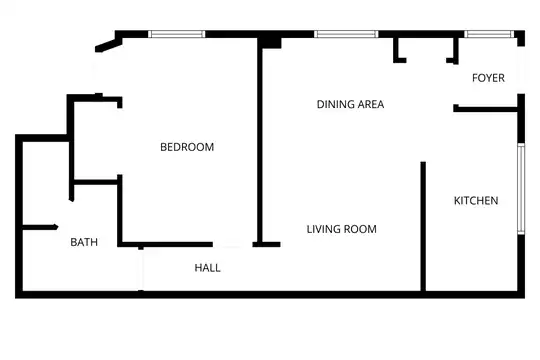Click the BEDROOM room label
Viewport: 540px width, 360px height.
point(187,147)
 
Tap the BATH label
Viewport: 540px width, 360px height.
point(84,242)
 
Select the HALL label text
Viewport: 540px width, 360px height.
point(207,268)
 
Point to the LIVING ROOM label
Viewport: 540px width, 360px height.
point(342,229)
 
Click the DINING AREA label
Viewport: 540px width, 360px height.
point(350,104)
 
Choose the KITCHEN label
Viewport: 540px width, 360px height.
point(476,200)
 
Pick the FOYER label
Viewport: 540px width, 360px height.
point(488,78)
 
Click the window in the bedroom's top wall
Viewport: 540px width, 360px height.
point(177,34)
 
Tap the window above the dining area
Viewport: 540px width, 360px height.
point(346,34)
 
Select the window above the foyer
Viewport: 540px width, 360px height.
point(489,34)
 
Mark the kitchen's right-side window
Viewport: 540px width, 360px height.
point(521,189)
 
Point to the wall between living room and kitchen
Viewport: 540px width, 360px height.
point(423,226)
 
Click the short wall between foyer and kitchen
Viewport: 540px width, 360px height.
point(486,109)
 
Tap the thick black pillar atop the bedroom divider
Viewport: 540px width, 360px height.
point(270,42)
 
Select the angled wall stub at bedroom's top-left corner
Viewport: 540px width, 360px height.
point(108,45)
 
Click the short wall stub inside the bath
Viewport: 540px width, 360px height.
point(40,227)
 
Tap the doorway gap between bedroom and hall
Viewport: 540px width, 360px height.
point(232,245)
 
